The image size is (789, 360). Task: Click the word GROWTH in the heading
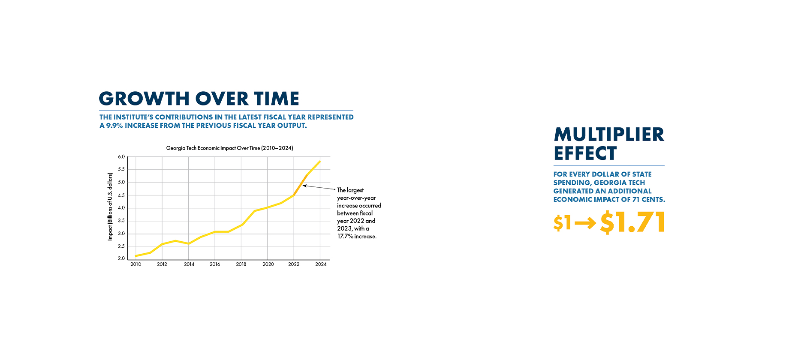click(144, 99)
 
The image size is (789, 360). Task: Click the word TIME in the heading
click(277, 99)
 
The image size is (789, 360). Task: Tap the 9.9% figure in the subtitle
click(114, 126)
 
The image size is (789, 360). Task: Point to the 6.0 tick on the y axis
click(121, 157)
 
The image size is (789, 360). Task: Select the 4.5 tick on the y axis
click(121, 195)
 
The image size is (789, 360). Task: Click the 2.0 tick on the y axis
click(121, 258)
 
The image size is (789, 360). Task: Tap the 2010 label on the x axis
click(136, 264)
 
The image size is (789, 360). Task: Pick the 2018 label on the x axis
click(241, 264)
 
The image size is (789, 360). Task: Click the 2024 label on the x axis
click(321, 264)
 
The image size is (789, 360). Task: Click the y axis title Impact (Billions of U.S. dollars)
click(110, 207)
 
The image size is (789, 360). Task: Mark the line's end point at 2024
click(320, 162)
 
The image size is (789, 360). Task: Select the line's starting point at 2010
click(136, 256)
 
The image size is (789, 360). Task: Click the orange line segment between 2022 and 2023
click(300, 185)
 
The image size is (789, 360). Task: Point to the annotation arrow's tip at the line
click(304, 186)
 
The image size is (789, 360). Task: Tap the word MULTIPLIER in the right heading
click(609, 135)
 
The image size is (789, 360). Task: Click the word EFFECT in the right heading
click(585, 153)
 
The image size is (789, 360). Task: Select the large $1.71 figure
click(632, 222)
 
